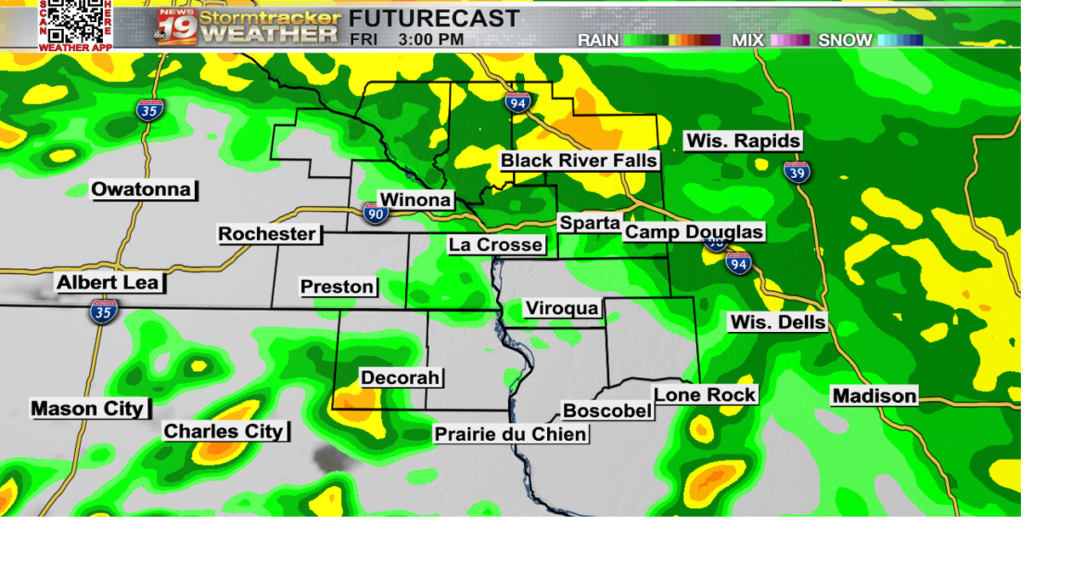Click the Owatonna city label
(x=143, y=189)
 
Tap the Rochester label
(x=267, y=233)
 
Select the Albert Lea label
(x=108, y=283)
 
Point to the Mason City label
(x=88, y=409)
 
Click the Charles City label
(x=224, y=432)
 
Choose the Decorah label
(x=400, y=377)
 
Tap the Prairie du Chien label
(x=510, y=434)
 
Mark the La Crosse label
(x=496, y=244)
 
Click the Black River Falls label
(x=579, y=160)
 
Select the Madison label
(x=875, y=396)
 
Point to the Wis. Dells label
(x=778, y=322)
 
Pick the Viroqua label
(x=562, y=308)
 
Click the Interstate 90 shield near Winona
(x=375, y=213)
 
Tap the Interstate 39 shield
(x=797, y=171)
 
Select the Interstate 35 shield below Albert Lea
(x=104, y=312)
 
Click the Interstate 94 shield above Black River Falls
(x=517, y=102)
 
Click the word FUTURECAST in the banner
(x=434, y=18)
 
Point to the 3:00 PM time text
(x=432, y=39)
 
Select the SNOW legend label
(x=845, y=40)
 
